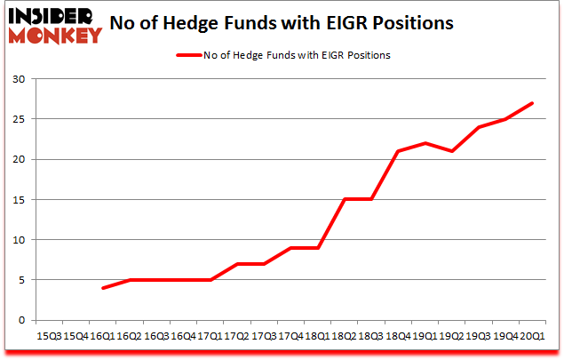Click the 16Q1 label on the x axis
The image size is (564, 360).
(105, 337)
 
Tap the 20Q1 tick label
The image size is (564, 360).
(531, 337)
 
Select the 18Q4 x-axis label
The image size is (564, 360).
(398, 337)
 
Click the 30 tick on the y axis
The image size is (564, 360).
(18, 79)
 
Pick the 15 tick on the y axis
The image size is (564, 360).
(18, 199)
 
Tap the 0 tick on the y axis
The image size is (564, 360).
(21, 320)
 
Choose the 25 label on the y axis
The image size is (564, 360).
(18, 119)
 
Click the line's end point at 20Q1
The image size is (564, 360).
(531, 103)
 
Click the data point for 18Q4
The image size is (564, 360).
(398, 151)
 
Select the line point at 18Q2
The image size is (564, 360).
(345, 199)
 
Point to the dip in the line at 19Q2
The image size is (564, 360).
(451, 151)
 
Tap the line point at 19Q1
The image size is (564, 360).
(425, 143)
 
